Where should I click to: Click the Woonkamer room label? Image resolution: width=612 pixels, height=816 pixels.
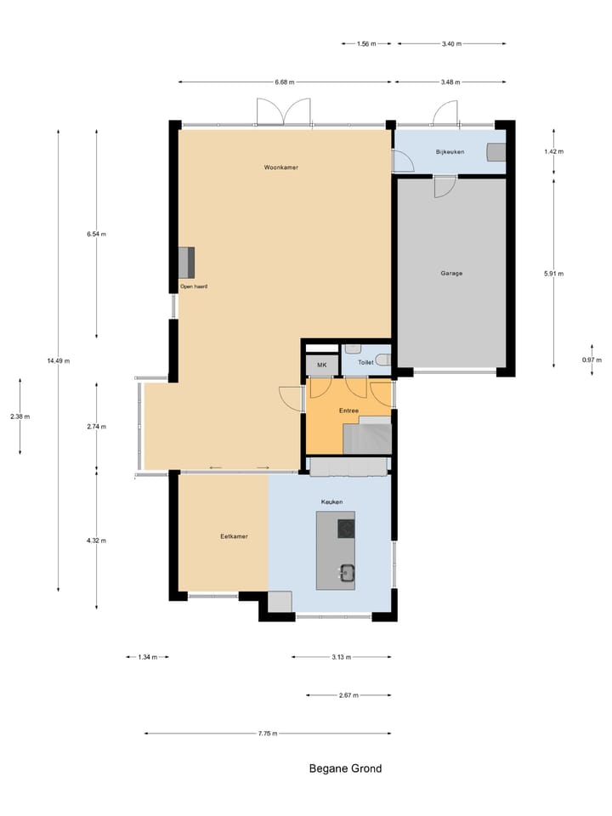click(x=280, y=167)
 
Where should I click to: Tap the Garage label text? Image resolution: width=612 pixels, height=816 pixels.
click(x=451, y=274)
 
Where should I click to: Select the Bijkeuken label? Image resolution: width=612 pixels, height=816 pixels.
click(x=450, y=151)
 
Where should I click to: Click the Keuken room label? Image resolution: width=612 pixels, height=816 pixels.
click(x=331, y=502)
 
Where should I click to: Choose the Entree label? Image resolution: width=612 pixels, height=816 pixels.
click(x=348, y=411)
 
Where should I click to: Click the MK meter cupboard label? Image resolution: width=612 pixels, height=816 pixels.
click(x=321, y=365)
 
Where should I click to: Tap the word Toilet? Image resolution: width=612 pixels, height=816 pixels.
click(x=365, y=363)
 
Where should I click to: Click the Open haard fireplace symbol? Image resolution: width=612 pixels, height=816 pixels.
click(x=186, y=262)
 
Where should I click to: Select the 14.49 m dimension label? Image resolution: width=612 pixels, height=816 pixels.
click(x=58, y=361)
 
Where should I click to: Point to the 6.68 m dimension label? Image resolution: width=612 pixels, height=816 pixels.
click(x=285, y=82)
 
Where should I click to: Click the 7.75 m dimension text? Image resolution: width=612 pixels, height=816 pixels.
click(x=268, y=734)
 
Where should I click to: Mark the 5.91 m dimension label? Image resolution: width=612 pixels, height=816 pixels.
click(x=554, y=274)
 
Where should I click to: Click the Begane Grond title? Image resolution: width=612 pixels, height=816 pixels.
click(x=345, y=769)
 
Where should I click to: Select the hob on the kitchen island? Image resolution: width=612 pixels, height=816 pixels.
click(x=346, y=529)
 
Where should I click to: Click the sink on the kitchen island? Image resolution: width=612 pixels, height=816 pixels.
click(x=346, y=572)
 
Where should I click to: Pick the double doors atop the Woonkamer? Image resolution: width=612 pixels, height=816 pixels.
click(x=285, y=112)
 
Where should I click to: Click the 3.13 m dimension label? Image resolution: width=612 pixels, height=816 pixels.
click(x=342, y=657)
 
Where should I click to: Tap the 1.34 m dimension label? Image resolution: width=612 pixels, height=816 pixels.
click(x=147, y=657)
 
